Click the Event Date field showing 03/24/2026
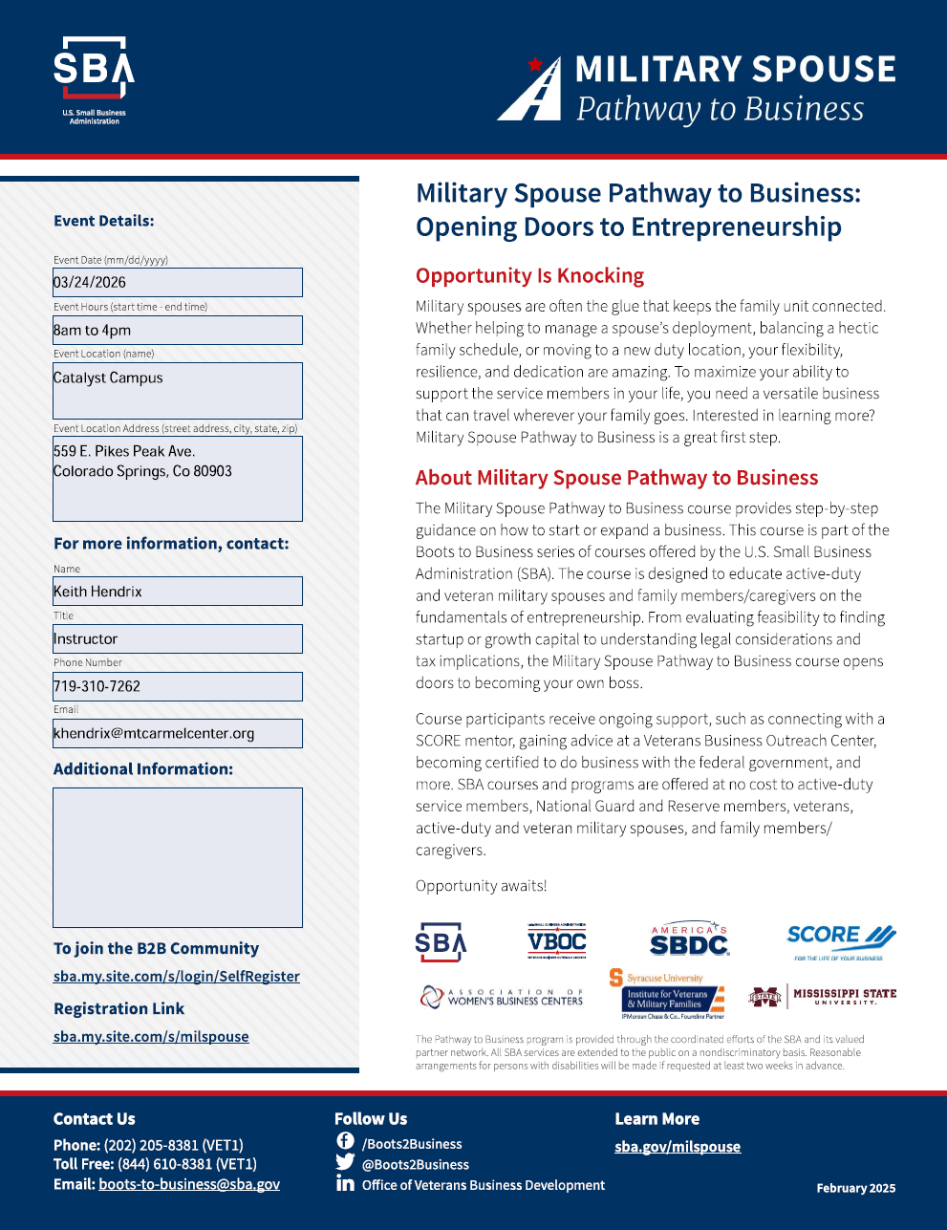[178, 282]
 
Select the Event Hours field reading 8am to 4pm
[178, 330]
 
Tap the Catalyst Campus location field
[178, 390]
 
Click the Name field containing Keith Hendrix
[178, 592]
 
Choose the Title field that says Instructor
[178, 638]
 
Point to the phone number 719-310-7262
[97, 686]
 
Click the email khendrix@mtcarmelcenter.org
[155, 734]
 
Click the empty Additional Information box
[178, 857]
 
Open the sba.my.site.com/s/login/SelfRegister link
[177, 976]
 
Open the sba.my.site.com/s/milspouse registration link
[151, 1036]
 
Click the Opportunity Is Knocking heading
[529, 275]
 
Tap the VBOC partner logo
[557, 941]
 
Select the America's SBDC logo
[689, 941]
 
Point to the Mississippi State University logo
[822, 997]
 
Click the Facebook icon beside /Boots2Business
[345, 1141]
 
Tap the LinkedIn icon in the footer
[345, 1184]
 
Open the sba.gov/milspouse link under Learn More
[678, 1146]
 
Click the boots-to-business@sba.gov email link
[189, 1184]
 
